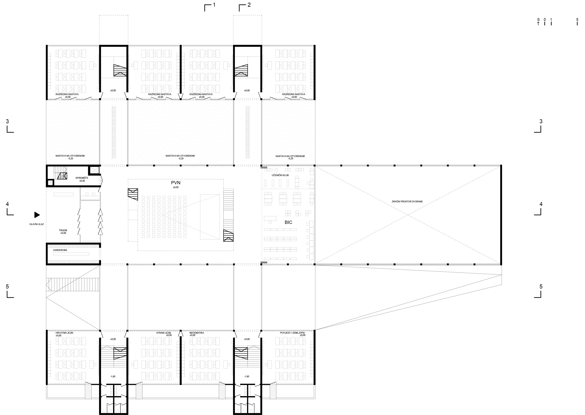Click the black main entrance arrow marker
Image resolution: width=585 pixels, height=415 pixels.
pos(37,215)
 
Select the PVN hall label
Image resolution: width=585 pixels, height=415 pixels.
pos(176,183)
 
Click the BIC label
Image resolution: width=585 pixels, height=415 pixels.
pos(288,222)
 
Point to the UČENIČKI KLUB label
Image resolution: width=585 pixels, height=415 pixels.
pos(280,175)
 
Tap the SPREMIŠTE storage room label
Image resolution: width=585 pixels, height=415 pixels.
pos(82,178)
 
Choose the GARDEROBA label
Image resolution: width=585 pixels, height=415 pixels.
pos(60,250)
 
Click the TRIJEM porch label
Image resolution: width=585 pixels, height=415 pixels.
pos(63,230)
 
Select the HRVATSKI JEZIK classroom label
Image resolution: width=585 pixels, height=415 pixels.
pos(64,333)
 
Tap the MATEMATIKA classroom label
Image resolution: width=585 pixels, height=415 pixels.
pos(197,333)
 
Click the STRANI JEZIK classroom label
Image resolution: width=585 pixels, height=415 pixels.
pos(164,333)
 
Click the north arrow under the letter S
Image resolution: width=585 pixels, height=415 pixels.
pos(538,23)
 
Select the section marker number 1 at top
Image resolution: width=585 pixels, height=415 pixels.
pos(214,5)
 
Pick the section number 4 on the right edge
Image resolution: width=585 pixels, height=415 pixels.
pos(541,204)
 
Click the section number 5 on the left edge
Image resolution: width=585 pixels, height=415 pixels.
pos(7,286)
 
